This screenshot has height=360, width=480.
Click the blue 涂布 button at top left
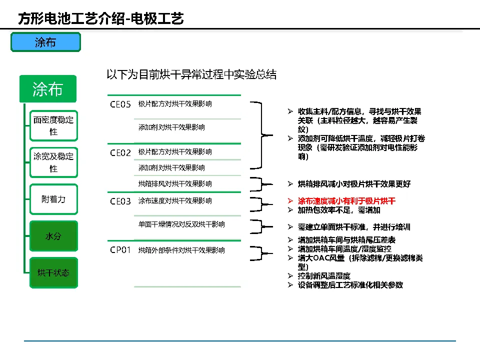pyautogui.click(x=45, y=42)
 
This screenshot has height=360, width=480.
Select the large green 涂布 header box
pyautogui.click(x=47, y=89)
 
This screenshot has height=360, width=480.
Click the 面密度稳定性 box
pyautogui.click(x=53, y=125)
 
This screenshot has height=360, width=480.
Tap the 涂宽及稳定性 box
pyautogui.click(x=53, y=162)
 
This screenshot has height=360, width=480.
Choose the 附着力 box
pyautogui.click(x=53, y=199)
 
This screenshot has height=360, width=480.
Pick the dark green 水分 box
pyautogui.click(x=53, y=236)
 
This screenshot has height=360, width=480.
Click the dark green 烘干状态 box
pyautogui.click(x=53, y=272)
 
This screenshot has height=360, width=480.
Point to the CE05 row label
pyautogui.click(x=120, y=104)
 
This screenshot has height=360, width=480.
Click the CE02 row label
pyautogui.click(x=120, y=152)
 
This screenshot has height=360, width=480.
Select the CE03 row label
pyautogui.click(x=120, y=201)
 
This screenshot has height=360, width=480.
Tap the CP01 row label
pyautogui.click(x=120, y=250)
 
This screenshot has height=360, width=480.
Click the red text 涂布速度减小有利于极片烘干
pyautogui.click(x=346, y=201)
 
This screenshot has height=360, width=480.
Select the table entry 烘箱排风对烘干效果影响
pyautogui.click(x=174, y=184)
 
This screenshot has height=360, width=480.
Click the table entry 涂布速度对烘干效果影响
pyautogui.click(x=174, y=201)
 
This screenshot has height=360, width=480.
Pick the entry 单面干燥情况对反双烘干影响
pyautogui.click(x=181, y=224)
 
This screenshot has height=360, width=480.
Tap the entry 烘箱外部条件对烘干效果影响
pyautogui.click(x=181, y=250)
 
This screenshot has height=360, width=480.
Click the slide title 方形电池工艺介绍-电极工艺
pyautogui.click(x=100, y=19)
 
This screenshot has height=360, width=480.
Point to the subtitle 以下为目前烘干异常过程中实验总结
pyautogui.click(x=191, y=74)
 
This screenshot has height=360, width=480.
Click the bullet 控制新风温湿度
pyautogui.click(x=324, y=276)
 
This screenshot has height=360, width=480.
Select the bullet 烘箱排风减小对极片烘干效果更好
pyautogui.click(x=354, y=184)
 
